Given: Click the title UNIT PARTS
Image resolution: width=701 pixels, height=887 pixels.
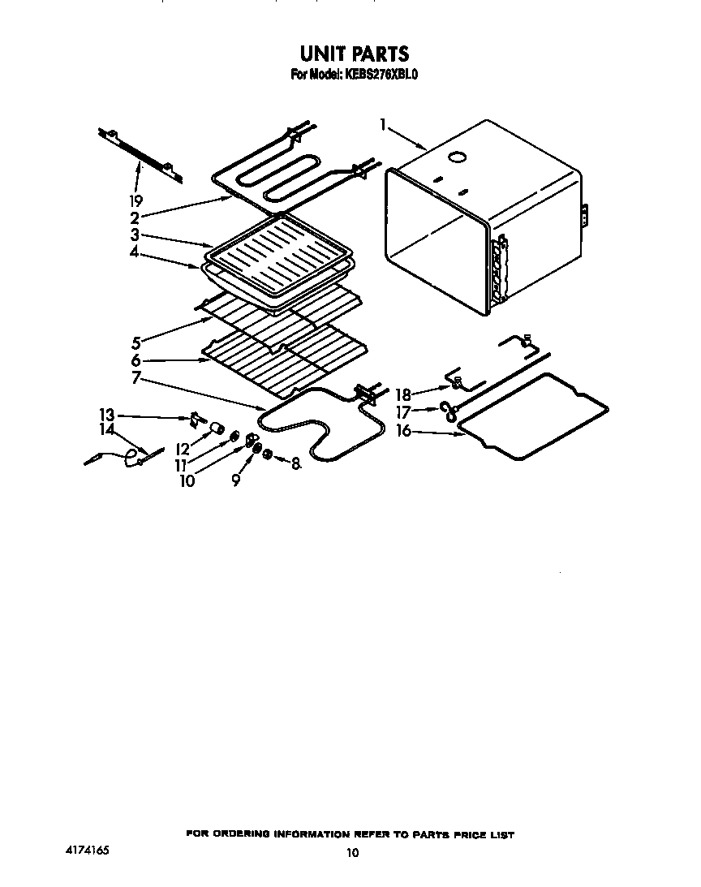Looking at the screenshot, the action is (x=355, y=54).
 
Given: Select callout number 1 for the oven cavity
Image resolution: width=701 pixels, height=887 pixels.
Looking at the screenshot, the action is (x=382, y=124).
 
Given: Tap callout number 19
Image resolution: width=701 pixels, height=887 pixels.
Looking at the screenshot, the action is (x=135, y=200).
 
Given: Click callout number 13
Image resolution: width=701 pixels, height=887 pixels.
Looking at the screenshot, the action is (x=107, y=415).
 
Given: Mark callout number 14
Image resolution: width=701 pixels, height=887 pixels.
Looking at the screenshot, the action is (x=107, y=429).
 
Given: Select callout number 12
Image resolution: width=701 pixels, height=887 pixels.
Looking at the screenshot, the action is (x=183, y=448).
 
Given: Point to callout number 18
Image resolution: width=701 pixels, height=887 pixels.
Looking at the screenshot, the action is (x=403, y=395).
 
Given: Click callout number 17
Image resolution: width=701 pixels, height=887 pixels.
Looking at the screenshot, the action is (x=403, y=413).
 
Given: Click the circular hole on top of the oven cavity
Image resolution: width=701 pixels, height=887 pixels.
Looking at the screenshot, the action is (x=459, y=156).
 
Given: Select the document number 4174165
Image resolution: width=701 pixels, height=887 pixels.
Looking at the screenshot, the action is (x=87, y=850).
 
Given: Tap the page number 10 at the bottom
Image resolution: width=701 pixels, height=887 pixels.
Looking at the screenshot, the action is (x=351, y=852).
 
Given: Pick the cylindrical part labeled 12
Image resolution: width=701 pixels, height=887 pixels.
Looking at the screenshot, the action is (x=217, y=428).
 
